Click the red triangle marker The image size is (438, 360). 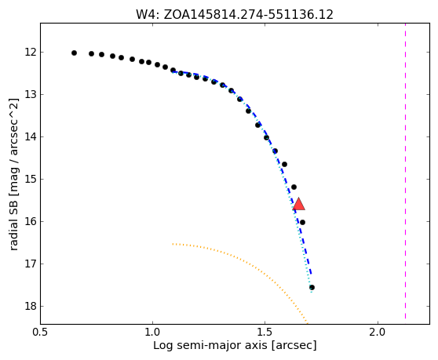pyautogui.click(x=298, y=204)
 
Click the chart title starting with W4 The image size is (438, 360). pyautogui.click(x=235, y=15)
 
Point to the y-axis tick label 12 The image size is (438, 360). pyautogui.click(x=31, y=53)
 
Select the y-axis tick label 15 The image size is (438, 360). pyautogui.click(x=31, y=179)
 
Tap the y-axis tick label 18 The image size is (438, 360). pyautogui.click(x=31, y=306)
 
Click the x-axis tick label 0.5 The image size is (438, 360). pyautogui.click(x=41, y=333)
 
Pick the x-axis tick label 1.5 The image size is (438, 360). pyautogui.click(x=265, y=333)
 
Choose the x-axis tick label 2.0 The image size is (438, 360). pyautogui.click(x=378, y=333)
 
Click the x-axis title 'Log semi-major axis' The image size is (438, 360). pyautogui.click(x=210, y=345)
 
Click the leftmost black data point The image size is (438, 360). pyautogui.click(x=74, y=53)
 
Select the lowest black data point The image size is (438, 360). pyautogui.click(x=312, y=287)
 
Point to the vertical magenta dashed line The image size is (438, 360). pyautogui.click(x=405, y=171)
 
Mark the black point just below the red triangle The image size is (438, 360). pyautogui.click(x=302, y=223)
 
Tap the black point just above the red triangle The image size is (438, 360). pyautogui.click(x=294, y=187)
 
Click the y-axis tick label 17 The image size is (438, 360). pyautogui.click(x=31, y=264)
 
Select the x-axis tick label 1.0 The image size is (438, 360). pyautogui.click(x=152, y=333)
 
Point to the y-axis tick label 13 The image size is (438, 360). pyautogui.click(x=31, y=95)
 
